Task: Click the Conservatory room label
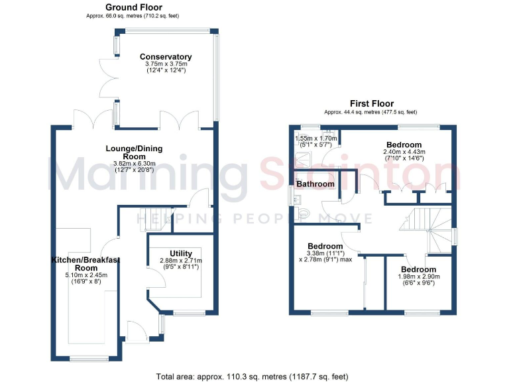pyautogui.click(x=166, y=57)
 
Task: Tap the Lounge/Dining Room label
pyautogui.click(x=134, y=153)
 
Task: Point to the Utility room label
pyautogui.click(x=181, y=253)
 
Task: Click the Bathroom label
pyautogui.click(x=315, y=184)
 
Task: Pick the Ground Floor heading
pyautogui.click(x=133, y=7)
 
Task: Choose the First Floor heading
pyautogui.click(x=372, y=103)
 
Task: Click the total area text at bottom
pyautogui.click(x=252, y=377)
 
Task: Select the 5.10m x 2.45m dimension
pyautogui.click(x=84, y=275)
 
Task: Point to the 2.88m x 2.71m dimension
pyautogui.click(x=181, y=261)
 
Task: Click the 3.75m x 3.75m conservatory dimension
pyautogui.click(x=166, y=64)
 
